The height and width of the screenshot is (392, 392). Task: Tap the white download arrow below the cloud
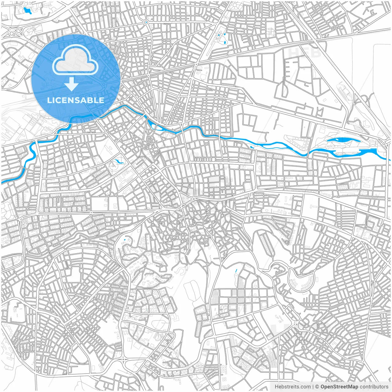click(71, 84)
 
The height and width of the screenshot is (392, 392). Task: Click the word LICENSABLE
click(76, 100)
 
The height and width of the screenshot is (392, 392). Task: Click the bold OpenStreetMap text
click(339, 387)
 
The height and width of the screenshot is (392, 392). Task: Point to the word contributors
click(374, 387)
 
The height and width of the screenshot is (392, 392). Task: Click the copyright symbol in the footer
click(317, 387)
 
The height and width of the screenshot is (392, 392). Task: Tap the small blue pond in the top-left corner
click(27, 11)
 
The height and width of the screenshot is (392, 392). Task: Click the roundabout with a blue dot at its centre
click(146, 22)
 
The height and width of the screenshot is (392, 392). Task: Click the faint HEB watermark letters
click(305, 52)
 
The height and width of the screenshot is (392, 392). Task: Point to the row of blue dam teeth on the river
click(374, 149)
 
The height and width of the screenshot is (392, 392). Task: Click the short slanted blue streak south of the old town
click(236, 271)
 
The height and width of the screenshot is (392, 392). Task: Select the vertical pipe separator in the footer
click(313, 387)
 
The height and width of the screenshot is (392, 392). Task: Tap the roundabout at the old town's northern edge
click(194, 199)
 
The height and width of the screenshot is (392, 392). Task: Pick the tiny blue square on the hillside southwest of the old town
click(125, 239)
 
